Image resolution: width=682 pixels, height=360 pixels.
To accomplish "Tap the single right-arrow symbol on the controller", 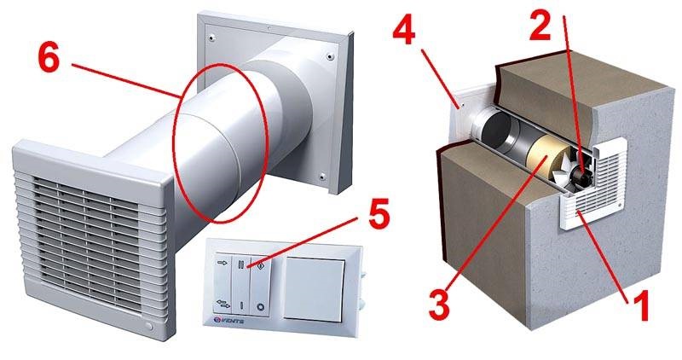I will (224, 266).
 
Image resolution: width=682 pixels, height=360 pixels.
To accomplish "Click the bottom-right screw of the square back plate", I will (327, 177).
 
